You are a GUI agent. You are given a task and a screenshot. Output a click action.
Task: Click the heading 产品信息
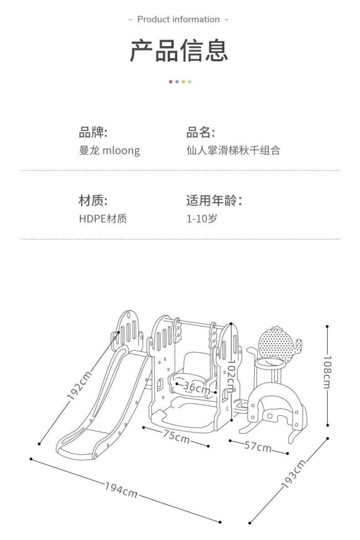[180, 51]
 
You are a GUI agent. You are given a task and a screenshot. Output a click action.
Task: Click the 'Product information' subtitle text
[179, 19]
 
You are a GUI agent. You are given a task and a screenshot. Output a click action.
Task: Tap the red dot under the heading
[170, 82]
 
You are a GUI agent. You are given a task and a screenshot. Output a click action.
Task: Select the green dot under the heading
[190, 82]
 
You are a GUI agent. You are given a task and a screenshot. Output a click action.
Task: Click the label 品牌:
[93, 132]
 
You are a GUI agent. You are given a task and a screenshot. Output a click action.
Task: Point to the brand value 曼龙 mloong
[109, 151]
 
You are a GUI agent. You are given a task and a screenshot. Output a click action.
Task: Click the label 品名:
[201, 132]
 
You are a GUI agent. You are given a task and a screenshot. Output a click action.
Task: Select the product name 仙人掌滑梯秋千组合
[233, 151]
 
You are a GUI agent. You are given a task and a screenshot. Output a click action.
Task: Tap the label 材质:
[93, 201]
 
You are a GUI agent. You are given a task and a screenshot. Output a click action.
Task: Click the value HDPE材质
[103, 219]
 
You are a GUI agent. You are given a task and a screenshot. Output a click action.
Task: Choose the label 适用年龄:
[214, 201]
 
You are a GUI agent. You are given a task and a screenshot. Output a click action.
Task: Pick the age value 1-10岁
[202, 219]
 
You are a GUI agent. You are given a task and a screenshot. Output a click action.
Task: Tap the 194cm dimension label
[121, 491]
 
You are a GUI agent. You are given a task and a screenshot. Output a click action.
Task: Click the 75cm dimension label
[175, 437]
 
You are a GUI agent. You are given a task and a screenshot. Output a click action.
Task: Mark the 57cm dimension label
[258, 447]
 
